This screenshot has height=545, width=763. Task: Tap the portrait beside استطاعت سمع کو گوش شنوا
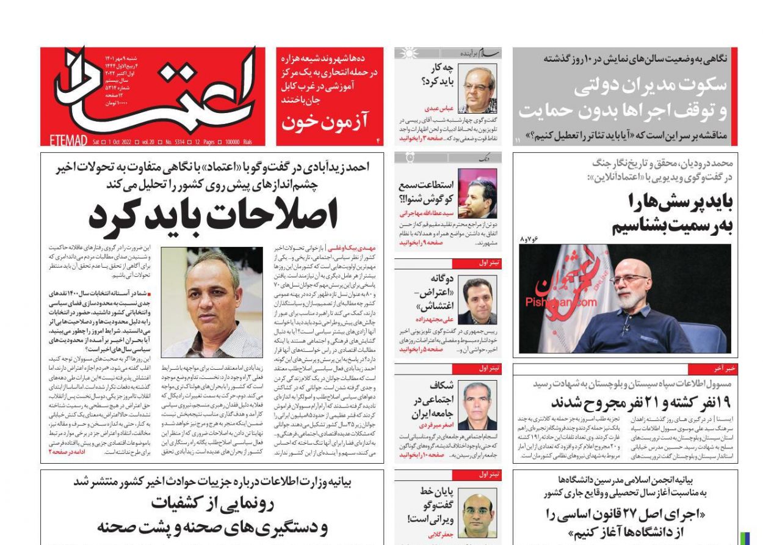tap(477, 194)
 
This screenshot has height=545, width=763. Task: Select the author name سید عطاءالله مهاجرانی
tap(427, 213)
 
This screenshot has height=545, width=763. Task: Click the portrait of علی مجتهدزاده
tap(477, 300)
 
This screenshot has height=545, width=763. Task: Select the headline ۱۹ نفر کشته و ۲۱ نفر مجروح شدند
tap(640, 403)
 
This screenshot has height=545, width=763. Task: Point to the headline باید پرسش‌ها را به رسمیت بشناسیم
tap(671, 213)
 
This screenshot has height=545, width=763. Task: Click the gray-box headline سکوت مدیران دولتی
tap(650, 85)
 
